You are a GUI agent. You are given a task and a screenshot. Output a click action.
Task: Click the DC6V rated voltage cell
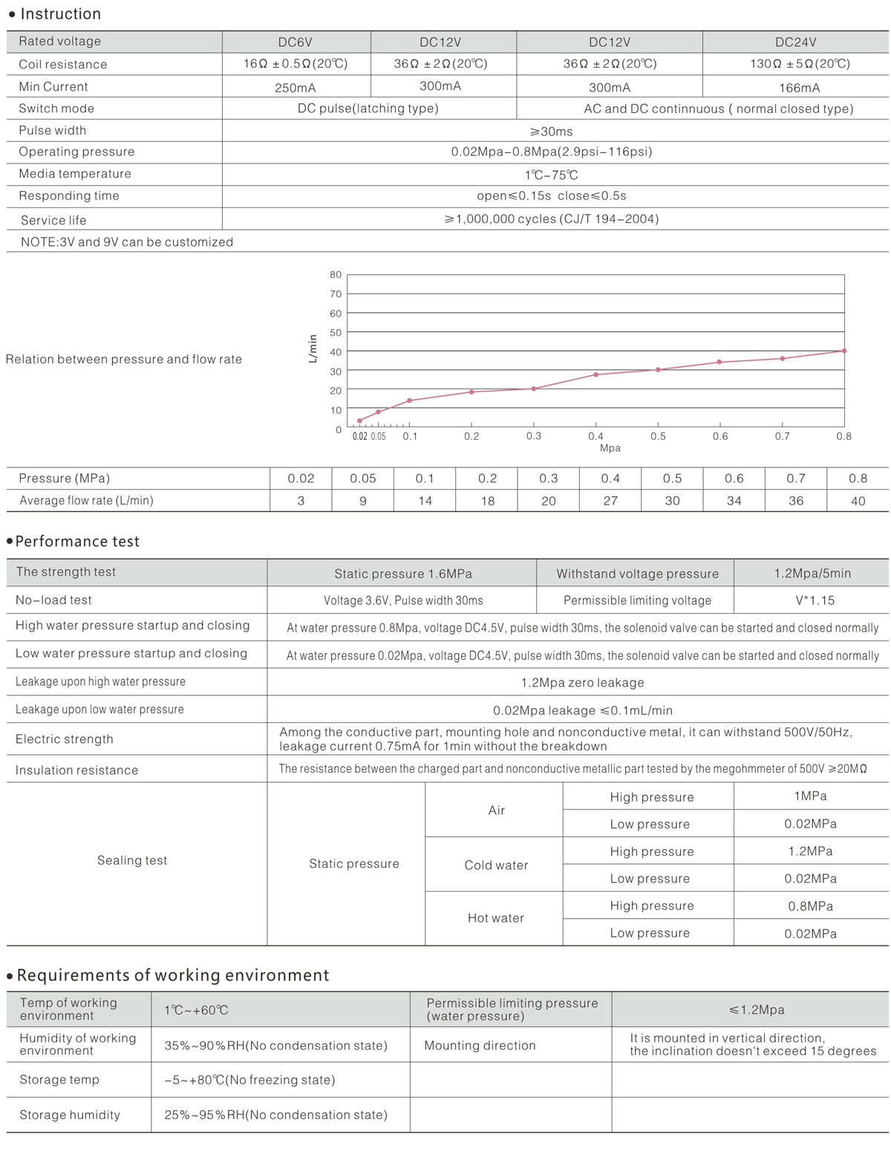pyautogui.click(x=295, y=42)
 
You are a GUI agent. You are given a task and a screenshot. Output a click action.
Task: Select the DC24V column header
pyautogui.click(x=795, y=42)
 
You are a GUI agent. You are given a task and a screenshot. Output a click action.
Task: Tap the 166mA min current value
pyautogui.click(x=799, y=88)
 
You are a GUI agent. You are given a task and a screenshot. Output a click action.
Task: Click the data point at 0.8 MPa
pyautogui.click(x=844, y=351)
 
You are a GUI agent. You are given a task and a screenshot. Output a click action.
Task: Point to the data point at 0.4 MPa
pyautogui.click(x=595, y=375)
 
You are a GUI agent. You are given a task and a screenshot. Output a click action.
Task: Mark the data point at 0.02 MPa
pyautogui.click(x=360, y=421)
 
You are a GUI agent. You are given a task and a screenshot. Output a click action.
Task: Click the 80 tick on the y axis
pyautogui.click(x=336, y=275)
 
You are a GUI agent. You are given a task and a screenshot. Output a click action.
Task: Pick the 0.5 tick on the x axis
pyautogui.click(x=658, y=436)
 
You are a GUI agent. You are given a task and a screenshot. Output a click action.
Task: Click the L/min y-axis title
pyautogui.click(x=313, y=348)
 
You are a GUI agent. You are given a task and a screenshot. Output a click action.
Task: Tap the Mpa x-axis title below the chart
pyautogui.click(x=610, y=448)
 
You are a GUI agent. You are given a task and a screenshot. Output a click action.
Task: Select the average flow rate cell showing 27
pyautogui.click(x=610, y=501)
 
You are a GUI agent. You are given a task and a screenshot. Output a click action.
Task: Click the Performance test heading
pyautogui.click(x=77, y=542)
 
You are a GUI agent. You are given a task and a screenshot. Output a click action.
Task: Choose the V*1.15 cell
pyautogui.click(x=815, y=600)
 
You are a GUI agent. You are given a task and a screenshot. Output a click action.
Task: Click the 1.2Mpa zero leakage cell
pyautogui.click(x=582, y=682)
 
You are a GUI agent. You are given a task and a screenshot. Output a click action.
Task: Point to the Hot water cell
pyautogui.click(x=495, y=918)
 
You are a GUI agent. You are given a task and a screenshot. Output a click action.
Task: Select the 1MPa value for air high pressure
pyautogui.click(x=810, y=796)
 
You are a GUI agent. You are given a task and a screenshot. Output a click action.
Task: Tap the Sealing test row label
pyautogui.click(x=132, y=860)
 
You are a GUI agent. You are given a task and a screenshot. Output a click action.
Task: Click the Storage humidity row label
pyautogui.click(x=70, y=1115)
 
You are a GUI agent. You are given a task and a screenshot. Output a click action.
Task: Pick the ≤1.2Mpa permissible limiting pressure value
pyautogui.click(x=756, y=1010)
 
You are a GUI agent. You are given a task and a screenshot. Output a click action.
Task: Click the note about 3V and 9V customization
pyautogui.click(x=127, y=242)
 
